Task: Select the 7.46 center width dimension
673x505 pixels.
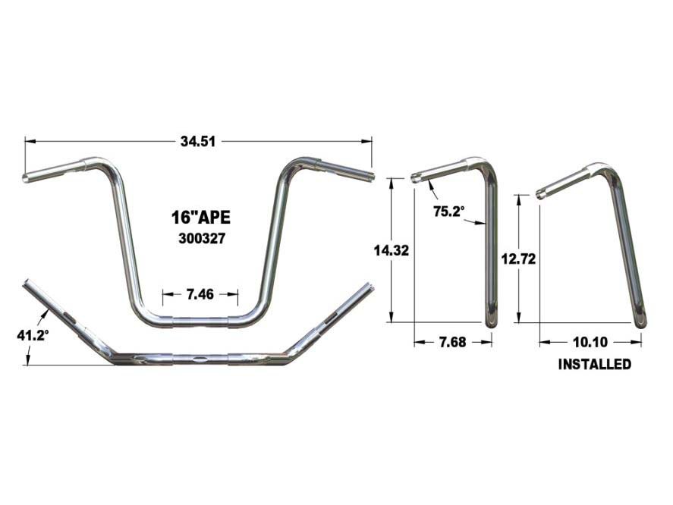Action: (x=200, y=294)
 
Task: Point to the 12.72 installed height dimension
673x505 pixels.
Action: (x=519, y=259)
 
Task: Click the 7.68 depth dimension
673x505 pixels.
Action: (x=451, y=343)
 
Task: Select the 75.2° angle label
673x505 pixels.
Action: (x=448, y=212)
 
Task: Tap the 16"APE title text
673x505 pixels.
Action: (x=196, y=218)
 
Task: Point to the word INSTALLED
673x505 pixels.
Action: (x=595, y=365)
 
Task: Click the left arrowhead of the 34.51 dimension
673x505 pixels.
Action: (x=28, y=140)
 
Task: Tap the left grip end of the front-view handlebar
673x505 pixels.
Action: (x=26, y=179)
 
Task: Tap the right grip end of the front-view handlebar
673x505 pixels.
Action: (x=372, y=177)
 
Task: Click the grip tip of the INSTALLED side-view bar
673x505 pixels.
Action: (x=539, y=195)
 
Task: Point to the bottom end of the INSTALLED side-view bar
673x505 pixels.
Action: (x=642, y=322)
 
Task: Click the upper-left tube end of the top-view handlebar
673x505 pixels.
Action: (x=27, y=283)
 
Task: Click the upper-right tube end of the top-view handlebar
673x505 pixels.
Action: (x=370, y=289)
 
